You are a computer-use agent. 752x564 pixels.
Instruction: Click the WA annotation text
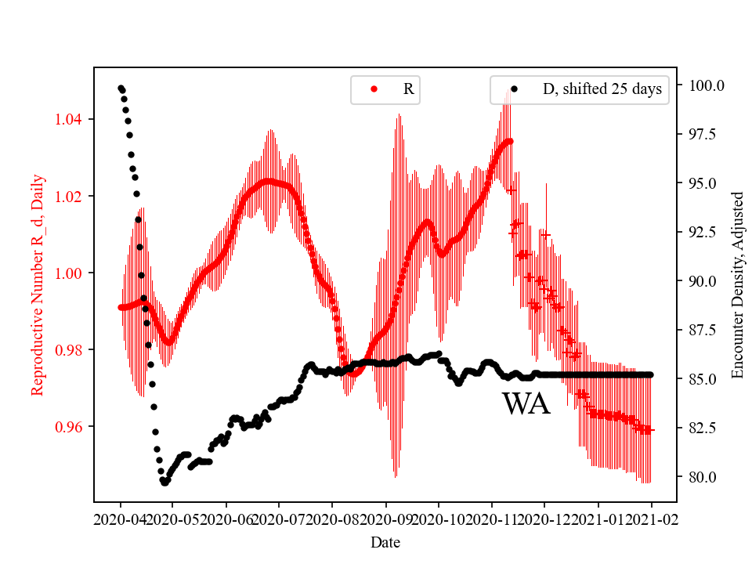click(x=526, y=404)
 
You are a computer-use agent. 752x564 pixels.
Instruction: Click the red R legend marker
click(x=374, y=89)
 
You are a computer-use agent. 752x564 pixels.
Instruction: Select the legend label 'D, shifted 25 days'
click(x=602, y=89)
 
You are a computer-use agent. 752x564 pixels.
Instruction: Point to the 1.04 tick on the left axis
click(x=73, y=119)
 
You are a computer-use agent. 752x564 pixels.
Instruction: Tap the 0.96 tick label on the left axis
click(x=73, y=427)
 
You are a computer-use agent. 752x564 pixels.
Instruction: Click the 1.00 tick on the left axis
click(x=73, y=273)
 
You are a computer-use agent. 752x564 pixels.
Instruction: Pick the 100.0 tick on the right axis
click(x=706, y=85)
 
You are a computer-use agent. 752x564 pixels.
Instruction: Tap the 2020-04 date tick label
click(x=120, y=519)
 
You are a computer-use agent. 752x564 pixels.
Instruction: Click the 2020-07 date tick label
click(x=279, y=519)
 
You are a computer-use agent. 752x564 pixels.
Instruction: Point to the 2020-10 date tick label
click(x=439, y=519)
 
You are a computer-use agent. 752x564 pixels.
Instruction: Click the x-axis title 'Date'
click(x=386, y=541)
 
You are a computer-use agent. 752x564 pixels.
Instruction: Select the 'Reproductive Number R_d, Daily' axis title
click(x=37, y=284)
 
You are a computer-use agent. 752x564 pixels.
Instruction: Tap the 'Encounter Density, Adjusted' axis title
click(x=737, y=284)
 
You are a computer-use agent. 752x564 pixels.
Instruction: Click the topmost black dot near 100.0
click(x=121, y=89)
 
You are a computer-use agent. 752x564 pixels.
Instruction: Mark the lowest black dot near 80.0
click(x=164, y=483)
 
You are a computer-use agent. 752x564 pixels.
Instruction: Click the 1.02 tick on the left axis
click(x=73, y=196)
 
